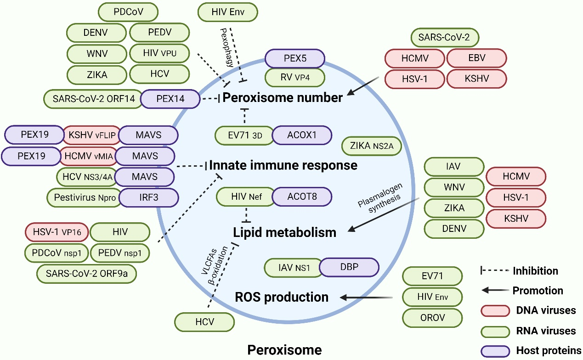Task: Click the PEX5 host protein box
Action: [295, 59]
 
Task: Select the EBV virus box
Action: [476, 58]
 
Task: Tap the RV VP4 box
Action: [295, 77]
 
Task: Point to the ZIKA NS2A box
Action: [372, 146]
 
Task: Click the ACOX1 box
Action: [301, 135]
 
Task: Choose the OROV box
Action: [432, 318]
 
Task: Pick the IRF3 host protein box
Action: [148, 197]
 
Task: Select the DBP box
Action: [349, 267]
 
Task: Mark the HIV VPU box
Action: [159, 54]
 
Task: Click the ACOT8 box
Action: [302, 197]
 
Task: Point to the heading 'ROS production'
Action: [282, 297]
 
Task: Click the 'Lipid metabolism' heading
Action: [285, 232]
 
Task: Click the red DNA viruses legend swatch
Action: [495, 310]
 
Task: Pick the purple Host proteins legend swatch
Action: [495, 351]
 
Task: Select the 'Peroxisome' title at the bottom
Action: [284, 350]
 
